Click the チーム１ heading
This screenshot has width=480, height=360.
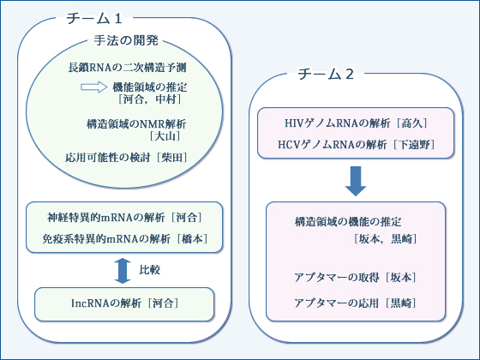click(94, 18)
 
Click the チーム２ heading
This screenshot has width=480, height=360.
click(326, 74)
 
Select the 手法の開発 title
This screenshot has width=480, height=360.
click(126, 40)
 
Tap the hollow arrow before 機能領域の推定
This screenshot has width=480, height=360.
click(94, 87)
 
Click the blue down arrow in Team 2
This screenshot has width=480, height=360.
click(356, 181)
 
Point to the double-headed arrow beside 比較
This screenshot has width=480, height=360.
click(123, 271)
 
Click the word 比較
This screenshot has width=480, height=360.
click(150, 270)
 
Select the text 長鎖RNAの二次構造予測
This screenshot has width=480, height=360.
click(127, 68)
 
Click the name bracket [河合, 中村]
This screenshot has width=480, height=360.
click(150, 99)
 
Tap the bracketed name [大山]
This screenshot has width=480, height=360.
click(165, 136)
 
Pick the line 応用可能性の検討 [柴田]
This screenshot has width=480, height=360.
click(126, 158)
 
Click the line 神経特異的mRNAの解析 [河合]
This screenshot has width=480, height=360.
click(124, 218)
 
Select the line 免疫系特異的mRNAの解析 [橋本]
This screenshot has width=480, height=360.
click(124, 239)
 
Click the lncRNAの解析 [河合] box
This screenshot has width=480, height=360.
click(124, 304)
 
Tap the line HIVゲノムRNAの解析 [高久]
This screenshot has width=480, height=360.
click(356, 123)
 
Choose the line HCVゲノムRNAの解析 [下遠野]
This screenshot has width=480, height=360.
click(356, 145)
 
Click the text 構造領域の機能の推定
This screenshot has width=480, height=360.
click(348, 222)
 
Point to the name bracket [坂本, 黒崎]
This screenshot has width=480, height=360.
click(386, 239)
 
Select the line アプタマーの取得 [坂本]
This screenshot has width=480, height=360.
click(355, 278)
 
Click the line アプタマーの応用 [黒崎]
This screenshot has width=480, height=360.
click(355, 303)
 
